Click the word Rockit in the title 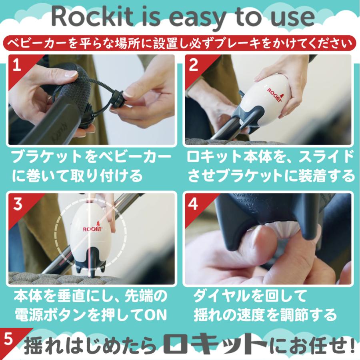coord(92,16)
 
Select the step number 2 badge coord(193,65)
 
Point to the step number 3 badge coord(18,204)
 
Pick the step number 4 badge coord(193,204)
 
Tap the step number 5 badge coord(8,339)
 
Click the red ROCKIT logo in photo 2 coord(275,94)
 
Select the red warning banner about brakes coord(180,43)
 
